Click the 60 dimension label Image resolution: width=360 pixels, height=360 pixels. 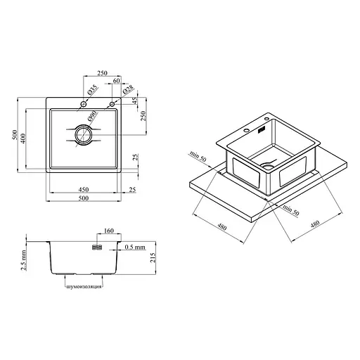click(x=116, y=81)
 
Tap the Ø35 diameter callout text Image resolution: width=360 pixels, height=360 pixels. click(x=93, y=90)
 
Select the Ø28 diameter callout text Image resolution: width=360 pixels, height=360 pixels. click(x=128, y=89)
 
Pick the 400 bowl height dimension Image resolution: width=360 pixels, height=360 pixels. click(x=23, y=139)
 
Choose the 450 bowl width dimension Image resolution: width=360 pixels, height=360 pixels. click(x=84, y=189)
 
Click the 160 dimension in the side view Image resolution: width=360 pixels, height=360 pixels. click(x=108, y=231)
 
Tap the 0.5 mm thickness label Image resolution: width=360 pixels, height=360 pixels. click(x=135, y=247)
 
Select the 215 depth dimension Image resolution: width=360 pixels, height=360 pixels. click(x=153, y=257)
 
